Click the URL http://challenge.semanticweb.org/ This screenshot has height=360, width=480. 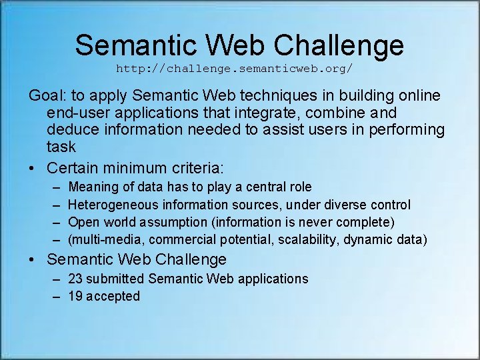tap(234, 69)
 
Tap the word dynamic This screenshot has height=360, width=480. tap(369, 239)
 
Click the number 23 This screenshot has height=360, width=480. tap(76, 279)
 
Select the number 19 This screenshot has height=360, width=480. tap(76, 296)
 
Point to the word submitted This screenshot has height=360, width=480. tap(118, 279)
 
